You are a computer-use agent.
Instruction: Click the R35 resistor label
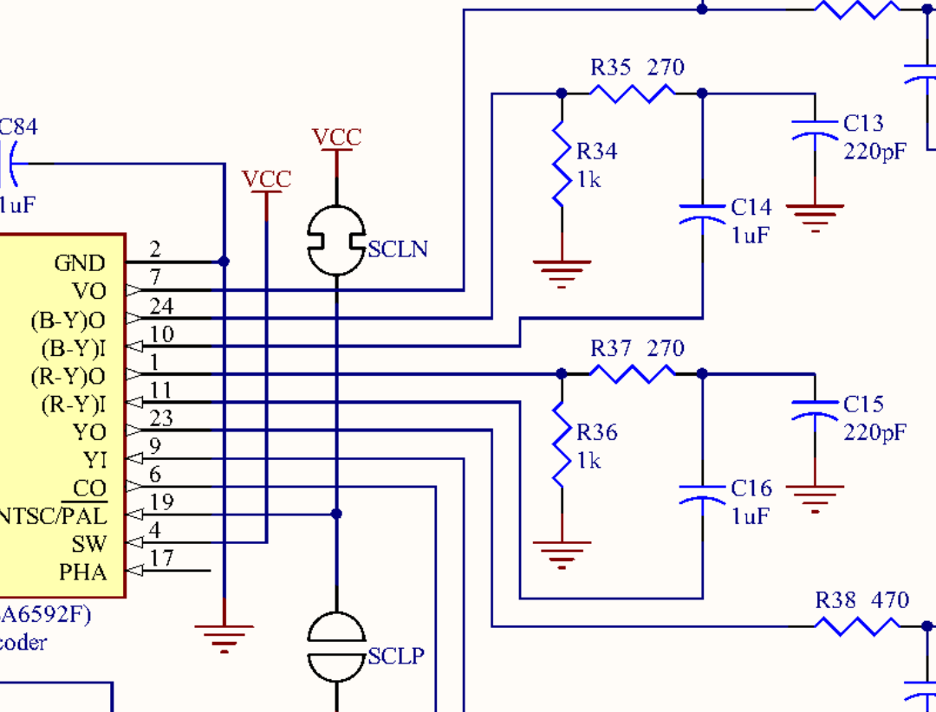(x=611, y=68)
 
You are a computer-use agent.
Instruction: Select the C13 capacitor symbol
(x=815, y=130)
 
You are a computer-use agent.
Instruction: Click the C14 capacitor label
(x=751, y=207)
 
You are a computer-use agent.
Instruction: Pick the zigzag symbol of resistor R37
(x=632, y=373)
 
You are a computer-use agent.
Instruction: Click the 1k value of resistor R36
(x=588, y=461)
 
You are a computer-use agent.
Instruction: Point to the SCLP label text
(x=396, y=657)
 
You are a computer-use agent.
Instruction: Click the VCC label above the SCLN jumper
(x=336, y=138)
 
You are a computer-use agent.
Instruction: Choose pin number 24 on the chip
(x=161, y=306)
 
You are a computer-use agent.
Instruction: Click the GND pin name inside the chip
(x=80, y=263)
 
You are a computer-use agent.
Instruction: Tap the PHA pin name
(x=83, y=572)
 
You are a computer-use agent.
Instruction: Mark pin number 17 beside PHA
(x=161, y=559)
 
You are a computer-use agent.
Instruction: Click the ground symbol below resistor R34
(x=562, y=272)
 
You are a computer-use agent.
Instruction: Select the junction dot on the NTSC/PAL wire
(x=336, y=515)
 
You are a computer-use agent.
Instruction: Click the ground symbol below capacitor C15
(x=815, y=497)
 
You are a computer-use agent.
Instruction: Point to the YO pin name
(x=89, y=432)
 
